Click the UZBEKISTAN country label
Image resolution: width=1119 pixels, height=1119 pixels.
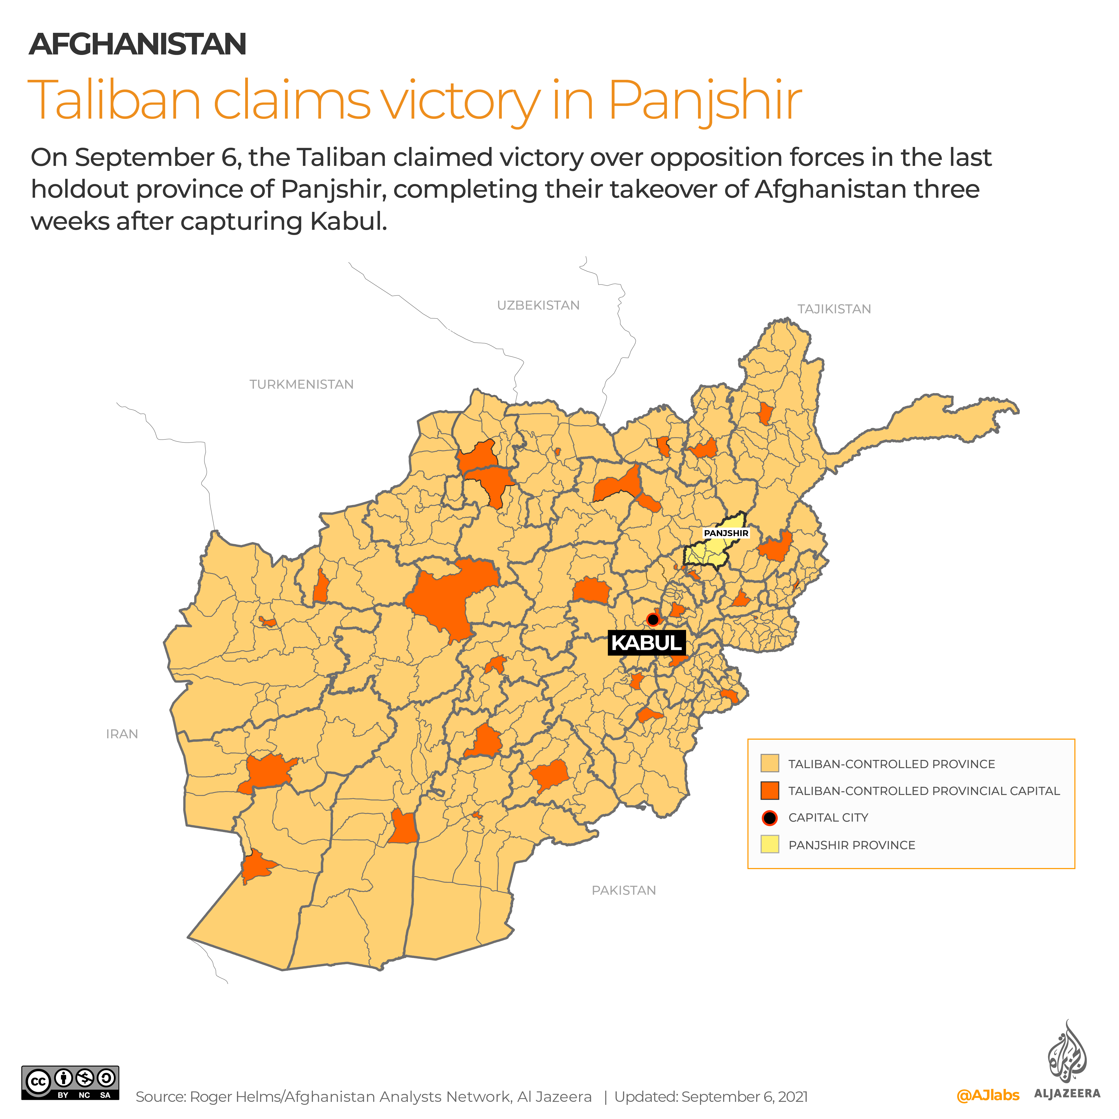click(538, 305)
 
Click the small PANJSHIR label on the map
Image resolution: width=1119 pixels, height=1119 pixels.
click(726, 533)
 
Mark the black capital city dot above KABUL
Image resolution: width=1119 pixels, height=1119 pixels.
click(653, 620)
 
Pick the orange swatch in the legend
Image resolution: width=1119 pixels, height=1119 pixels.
click(770, 791)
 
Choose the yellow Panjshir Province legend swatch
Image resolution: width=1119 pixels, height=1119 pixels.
click(770, 844)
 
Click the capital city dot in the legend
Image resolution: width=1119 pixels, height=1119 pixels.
click(770, 818)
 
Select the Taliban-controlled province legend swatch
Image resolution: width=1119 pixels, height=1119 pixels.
click(770, 763)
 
